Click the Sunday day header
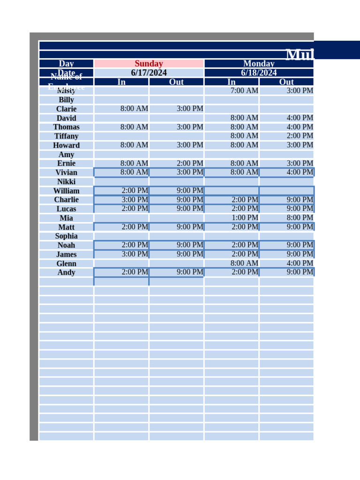[149, 64]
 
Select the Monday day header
[259, 64]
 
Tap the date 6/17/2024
[149, 73]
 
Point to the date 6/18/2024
[259, 73]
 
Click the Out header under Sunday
[176, 82]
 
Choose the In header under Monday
[232, 82]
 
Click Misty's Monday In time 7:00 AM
[244, 90]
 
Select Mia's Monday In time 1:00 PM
[244, 217]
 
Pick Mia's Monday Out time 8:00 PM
[300, 217]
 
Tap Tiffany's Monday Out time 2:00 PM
[300, 136]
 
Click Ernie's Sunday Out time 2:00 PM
[190, 163]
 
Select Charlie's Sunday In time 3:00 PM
[135, 200]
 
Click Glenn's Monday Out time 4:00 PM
[300, 263]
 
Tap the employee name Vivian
[66, 172]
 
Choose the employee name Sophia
[66, 236]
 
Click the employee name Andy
[66, 272]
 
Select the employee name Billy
[66, 100]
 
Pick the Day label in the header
[66, 64]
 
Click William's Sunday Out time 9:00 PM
[190, 190]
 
